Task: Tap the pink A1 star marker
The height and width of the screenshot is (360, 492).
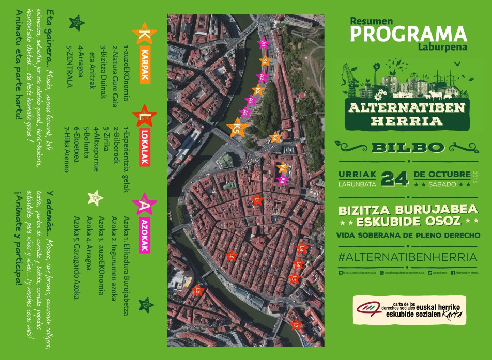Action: click(264, 44)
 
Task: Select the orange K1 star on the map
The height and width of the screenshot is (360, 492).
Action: click(266, 61)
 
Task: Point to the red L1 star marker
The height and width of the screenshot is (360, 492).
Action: click(257, 199)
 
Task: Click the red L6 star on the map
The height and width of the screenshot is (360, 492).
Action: click(232, 256)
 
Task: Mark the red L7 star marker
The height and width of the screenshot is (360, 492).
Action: click(296, 325)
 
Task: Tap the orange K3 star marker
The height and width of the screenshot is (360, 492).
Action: click(275, 137)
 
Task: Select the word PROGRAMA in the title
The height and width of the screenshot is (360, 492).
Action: click(408, 34)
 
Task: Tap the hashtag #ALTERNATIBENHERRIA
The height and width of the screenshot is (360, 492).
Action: click(407, 256)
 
